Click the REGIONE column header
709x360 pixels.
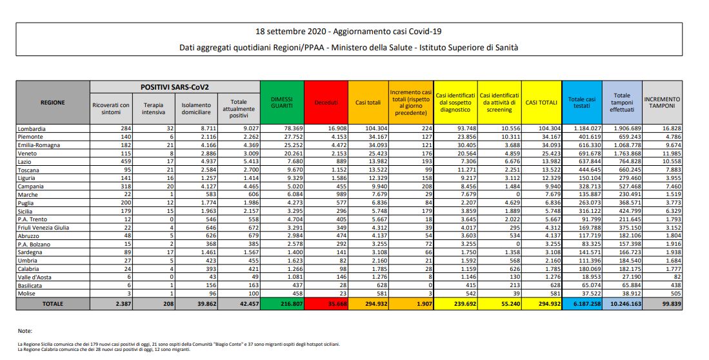tap(52, 102)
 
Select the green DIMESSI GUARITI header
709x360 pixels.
tap(281, 102)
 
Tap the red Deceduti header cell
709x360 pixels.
tap(326, 102)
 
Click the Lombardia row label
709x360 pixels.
tap(32, 128)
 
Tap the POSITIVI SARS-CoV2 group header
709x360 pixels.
tap(174, 86)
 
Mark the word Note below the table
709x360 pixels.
tap(25, 330)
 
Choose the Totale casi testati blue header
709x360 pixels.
tap(582, 102)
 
